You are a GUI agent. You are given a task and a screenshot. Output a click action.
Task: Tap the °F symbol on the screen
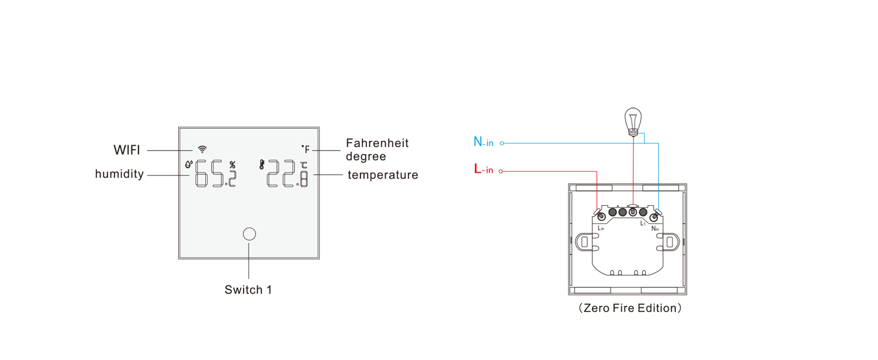305,149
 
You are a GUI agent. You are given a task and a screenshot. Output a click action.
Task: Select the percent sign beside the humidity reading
232,165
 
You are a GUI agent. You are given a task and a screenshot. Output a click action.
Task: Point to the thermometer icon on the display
262,164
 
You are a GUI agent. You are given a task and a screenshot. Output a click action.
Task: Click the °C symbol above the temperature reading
304,166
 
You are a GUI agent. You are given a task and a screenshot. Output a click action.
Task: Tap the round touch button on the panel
249,234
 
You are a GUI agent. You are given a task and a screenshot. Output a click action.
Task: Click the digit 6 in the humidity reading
202,174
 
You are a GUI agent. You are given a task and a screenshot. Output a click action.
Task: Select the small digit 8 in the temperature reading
304,179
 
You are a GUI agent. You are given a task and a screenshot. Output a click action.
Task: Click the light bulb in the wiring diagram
632,121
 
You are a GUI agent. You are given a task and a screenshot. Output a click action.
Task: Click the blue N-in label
483,142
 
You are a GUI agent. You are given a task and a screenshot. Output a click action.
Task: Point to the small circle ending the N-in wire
502,143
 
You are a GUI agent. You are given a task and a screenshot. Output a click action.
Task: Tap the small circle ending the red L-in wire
501,172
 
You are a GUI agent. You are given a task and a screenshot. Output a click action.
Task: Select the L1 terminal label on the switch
642,223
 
